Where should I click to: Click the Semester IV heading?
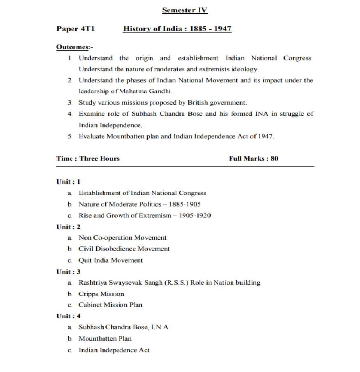click(x=185, y=10)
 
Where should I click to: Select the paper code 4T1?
click(x=88, y=29)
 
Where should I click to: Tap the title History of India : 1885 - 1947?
click(x=177, y=29)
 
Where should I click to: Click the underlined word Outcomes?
click(x=72, y=47)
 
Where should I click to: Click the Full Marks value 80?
click(x=274, y=159)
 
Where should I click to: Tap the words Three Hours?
click(x=100, y=159)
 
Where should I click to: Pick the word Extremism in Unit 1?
click(x=151, y=215)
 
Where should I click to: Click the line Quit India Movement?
click(x=111, y=260)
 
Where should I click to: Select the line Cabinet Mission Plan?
click(x=111, y=305)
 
